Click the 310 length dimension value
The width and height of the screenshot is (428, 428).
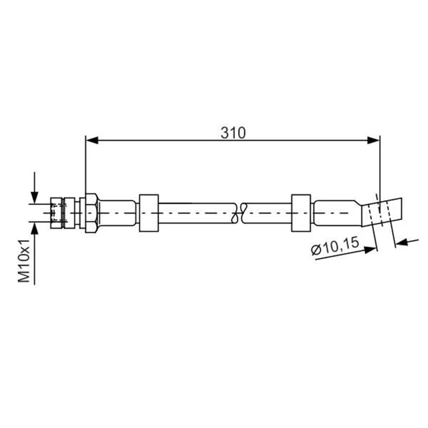coord(233,133)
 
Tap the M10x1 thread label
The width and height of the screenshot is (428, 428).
coord(24,261)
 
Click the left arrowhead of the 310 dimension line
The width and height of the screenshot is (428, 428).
coord(92,140)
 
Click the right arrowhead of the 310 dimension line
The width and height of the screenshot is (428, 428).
coord(373,140)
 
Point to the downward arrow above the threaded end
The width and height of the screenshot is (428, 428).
coord(34,188)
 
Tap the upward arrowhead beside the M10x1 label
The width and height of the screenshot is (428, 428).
coord(34,228)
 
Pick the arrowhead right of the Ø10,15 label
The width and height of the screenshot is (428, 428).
coord(370,249)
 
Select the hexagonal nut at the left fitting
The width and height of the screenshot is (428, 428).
coord(91,213)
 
